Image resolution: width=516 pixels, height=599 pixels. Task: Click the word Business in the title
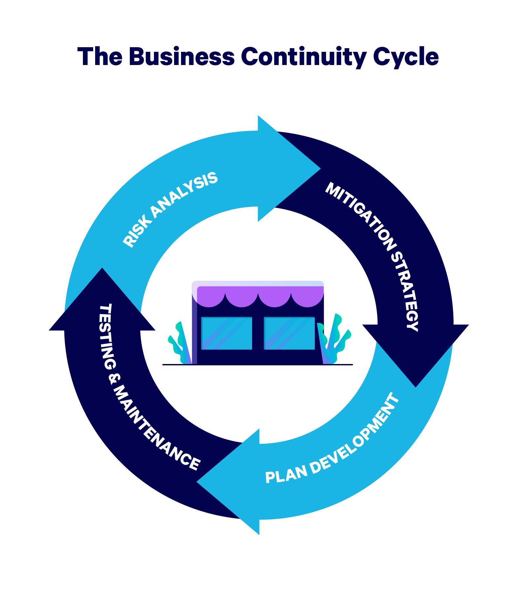click(x=181, y=56)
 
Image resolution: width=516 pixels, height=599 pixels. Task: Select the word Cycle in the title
click(x=406, y=56)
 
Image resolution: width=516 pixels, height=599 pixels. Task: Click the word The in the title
click(x=100, y=56)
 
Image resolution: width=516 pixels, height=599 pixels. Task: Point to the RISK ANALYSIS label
click(x=170, y=209)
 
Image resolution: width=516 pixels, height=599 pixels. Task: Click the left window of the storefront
click(x=227, y=333)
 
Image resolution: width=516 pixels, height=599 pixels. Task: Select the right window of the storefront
click(x=289, y=333)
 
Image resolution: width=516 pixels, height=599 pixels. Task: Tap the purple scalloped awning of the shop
click(x=258, y=295)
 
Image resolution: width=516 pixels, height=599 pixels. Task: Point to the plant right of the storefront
click(x=335, y=340)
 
